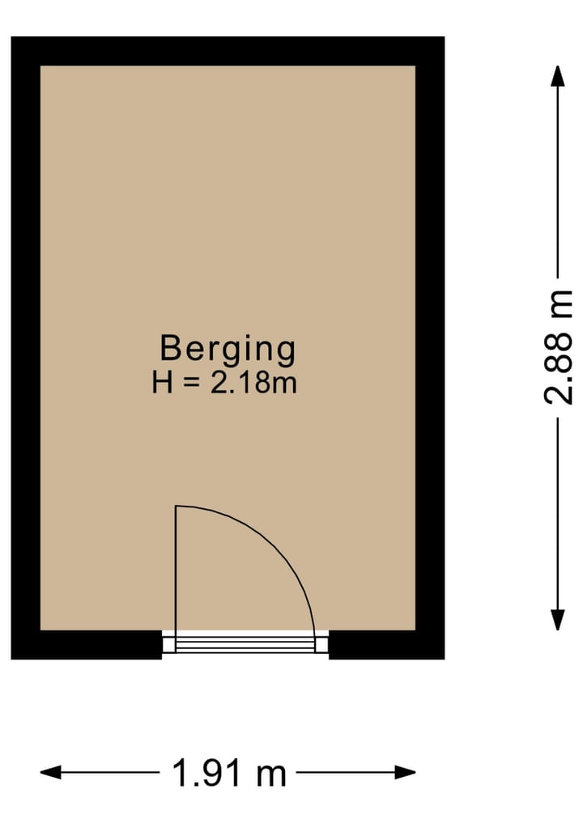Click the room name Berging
(228, 350)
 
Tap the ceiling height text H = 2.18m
(224, 382)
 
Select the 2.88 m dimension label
(559, 346)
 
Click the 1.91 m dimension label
(229, 774)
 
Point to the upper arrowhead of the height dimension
(557, 74)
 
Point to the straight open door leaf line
(177, 566)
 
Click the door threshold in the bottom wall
(245, 644)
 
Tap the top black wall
(228, 51)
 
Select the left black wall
(25, 348)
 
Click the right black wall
(430, 348)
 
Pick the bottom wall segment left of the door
(87, 644)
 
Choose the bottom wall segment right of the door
(386, 644)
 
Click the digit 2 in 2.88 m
(559, 392)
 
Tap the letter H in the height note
(162, 382)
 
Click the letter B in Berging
(169, 349)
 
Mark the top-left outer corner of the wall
(12, 38)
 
